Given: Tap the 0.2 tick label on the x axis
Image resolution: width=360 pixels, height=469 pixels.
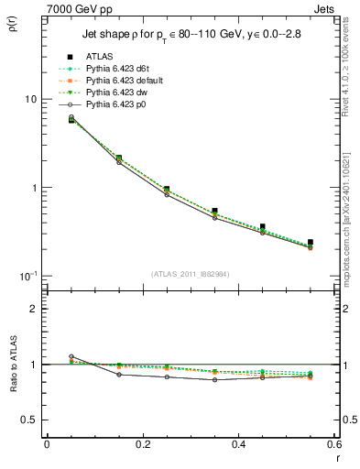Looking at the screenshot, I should click(x=142, y=444).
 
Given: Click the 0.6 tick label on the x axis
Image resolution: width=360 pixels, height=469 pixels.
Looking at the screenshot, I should click(x=333, y=444).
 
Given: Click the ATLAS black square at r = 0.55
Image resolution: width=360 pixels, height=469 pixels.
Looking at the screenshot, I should click(x=311, y=243).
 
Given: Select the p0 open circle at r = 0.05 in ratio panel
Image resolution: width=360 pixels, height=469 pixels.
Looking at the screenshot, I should click(x=71, y=356).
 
